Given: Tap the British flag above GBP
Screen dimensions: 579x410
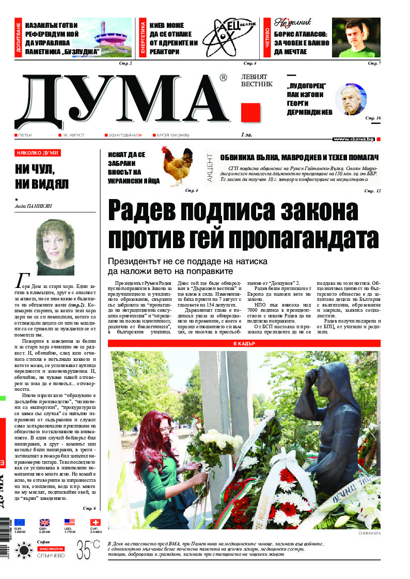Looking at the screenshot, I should coord(45,522).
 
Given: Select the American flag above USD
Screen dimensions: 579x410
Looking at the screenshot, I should coord(70,522).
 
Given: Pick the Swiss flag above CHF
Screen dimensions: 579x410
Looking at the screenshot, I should coord(95,522).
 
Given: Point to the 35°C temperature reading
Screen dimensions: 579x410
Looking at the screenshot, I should coord(88,548).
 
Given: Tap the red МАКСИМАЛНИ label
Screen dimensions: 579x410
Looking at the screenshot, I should coord(50,548).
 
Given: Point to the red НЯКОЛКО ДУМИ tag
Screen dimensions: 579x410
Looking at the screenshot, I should coord(38,153).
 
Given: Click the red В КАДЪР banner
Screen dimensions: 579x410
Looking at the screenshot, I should coord(244,343).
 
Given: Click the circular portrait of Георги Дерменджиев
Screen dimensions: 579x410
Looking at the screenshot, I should coord(351,99).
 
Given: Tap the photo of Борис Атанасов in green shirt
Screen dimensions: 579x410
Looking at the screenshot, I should coord(356,38).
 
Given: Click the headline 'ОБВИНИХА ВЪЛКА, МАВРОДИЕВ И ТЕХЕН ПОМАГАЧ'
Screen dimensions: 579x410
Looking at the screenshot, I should coord(299,157).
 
